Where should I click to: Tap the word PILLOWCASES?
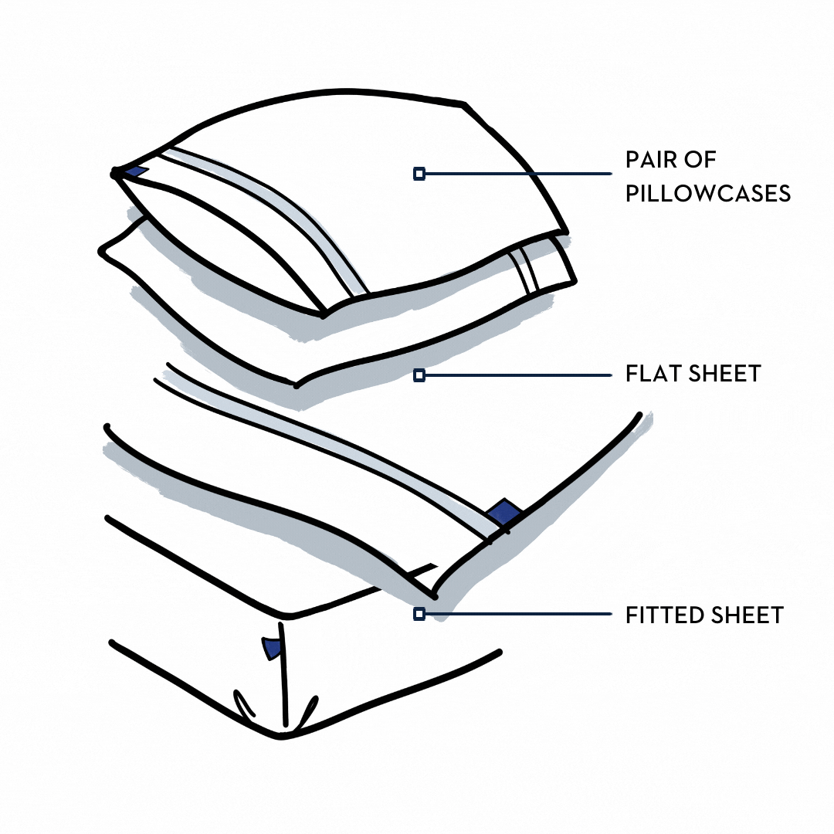pos(708,193)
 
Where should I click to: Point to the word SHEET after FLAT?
pos(724,374)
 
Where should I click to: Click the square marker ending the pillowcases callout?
pos(419,175)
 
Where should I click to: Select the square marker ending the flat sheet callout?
pos(419,375)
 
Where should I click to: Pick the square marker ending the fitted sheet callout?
pos(419,614)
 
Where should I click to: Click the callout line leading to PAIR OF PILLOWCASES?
pos(517,175)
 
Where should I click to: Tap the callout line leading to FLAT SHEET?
pos(517,375)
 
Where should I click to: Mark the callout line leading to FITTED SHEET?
pos(517,614)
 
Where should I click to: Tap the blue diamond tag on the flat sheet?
pos(504,512)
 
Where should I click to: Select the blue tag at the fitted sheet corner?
pos(272,648)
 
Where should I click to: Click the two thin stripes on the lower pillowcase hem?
pos(524,270)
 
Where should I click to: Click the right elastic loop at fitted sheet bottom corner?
pos(308,710)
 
